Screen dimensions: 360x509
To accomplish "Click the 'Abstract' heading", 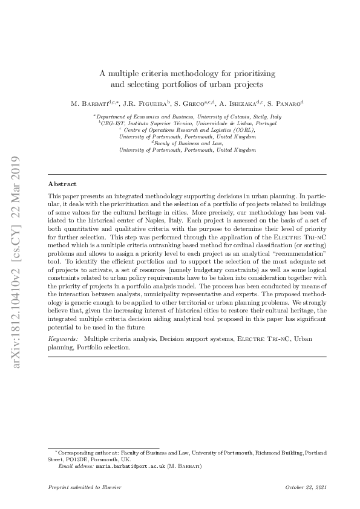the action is (62, 184).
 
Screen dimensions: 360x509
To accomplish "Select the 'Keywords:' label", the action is (64, 340).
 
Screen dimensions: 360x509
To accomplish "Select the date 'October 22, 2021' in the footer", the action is (306, 487).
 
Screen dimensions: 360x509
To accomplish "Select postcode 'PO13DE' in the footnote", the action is (73, 459).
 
